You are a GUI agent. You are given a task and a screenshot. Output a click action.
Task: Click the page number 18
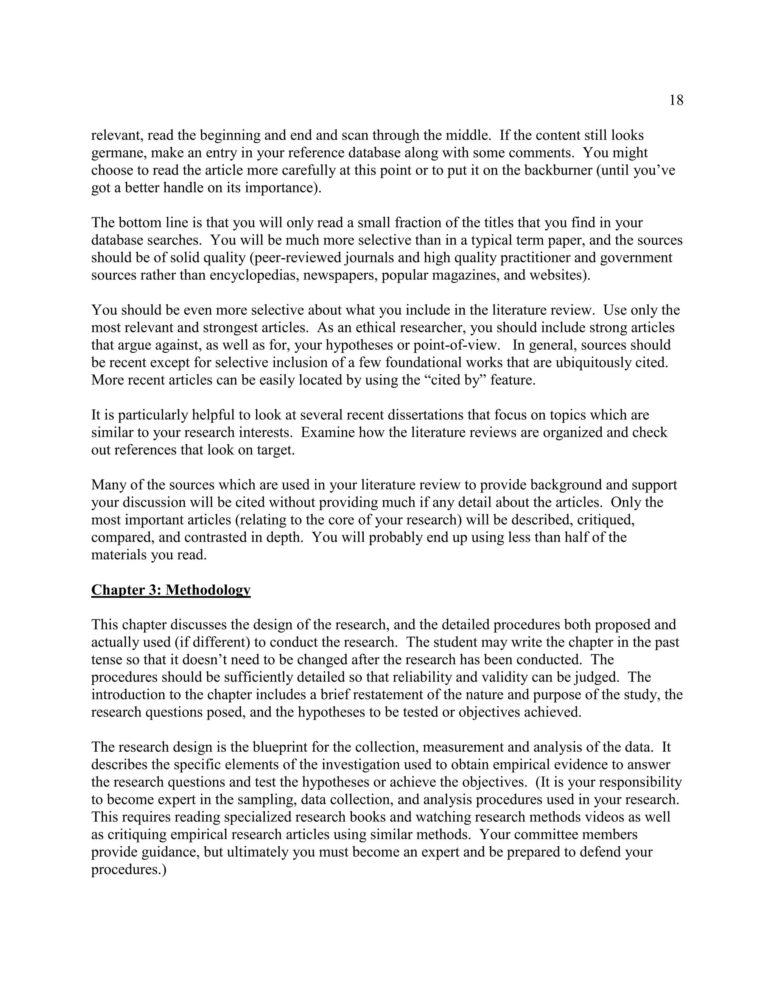[x=676, y=100]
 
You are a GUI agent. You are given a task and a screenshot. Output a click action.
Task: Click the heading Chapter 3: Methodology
[x=171, y=590]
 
